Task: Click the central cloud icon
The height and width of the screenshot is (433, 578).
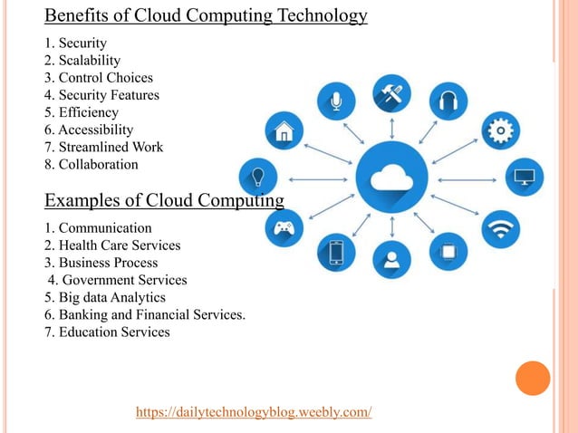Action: [x=391, y=175]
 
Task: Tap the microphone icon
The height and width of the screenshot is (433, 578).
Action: [x=336, y=101]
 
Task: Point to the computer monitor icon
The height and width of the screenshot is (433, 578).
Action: [x=524, y=176]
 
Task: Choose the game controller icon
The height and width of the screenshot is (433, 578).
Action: [x=284, y=226]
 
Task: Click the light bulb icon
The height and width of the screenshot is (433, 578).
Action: [x=257, y=176]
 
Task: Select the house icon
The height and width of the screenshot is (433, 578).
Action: [x=284, y=131]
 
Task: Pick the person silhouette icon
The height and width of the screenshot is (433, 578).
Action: [x=391, y=259]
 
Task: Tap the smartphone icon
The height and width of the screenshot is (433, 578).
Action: [x=336, y=251]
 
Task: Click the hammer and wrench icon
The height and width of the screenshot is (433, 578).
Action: [x=391, y=92]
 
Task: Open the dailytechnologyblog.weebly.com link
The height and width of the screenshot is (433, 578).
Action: [x=254, y=412]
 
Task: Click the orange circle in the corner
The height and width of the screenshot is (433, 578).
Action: [x=533, y=379]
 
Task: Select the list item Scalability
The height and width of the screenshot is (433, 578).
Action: [x=82, y=60]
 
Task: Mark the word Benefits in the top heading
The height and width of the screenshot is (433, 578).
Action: [x=73, y=15]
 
